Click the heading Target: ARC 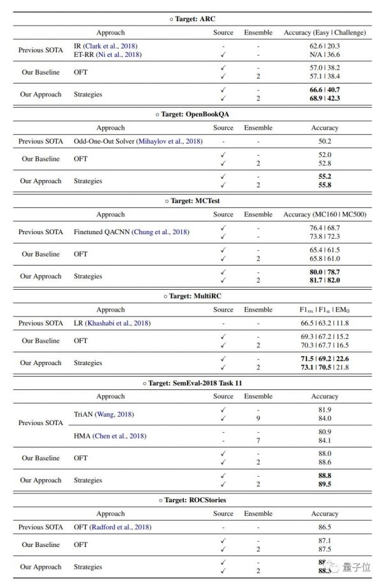coord(193,19)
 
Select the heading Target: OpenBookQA coord(193,114)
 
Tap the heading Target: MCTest coord(193,200)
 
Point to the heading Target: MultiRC coord(193,296)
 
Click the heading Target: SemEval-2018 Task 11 coord(193,383)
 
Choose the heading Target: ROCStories coord(193,500)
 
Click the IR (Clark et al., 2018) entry coord(105,46)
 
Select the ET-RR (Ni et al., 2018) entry coord(108,54)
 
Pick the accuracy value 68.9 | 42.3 coord(324,99)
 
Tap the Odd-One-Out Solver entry coord(131,141)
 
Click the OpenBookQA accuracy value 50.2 coord(324,141)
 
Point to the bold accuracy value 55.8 coord(324,185)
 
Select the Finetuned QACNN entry coord(131,232)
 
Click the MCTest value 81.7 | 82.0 coord(324,280)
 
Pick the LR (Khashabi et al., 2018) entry coord(112,323)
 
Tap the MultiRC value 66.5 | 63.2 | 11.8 coord(324,323)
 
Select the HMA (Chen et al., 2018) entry coord(110,436)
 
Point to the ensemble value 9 coord(258,419)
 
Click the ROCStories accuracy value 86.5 coord(324,527)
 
